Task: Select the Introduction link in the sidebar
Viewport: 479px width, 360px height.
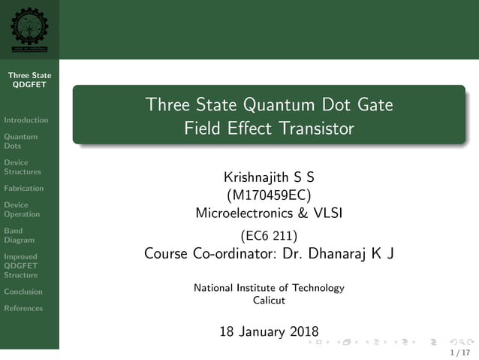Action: point(26,119)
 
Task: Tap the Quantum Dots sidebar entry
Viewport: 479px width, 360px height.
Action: point(20,141)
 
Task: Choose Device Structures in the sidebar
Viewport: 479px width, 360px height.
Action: point(23,167)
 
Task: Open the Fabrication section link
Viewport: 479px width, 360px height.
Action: point(24,188)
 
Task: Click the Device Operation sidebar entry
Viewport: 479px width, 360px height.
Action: point(22,209)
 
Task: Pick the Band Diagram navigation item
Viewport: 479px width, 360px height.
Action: point(19,235)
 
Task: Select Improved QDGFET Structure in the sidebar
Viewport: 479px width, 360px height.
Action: point(22,265)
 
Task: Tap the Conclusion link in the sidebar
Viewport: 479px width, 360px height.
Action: point(23,291)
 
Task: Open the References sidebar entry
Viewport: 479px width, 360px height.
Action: point(23,307)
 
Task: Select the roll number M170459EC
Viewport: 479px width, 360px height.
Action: point(269,195)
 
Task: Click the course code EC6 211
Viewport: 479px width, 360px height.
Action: point(269,235)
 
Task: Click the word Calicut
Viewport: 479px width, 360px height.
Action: point(269,300)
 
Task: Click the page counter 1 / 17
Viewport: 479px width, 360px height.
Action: point(459,352)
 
